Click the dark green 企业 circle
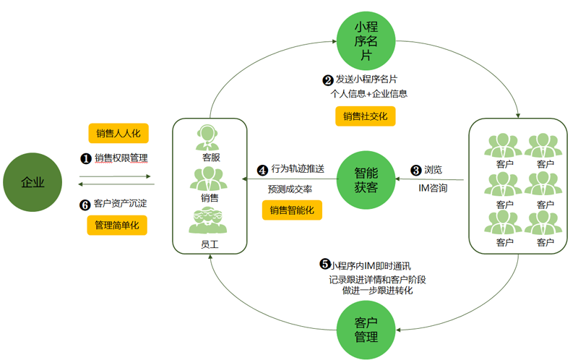[33, 181]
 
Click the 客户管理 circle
[366, 330]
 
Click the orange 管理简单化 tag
[118, 226]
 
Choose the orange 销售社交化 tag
[365, 116]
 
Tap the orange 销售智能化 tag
[292, 210]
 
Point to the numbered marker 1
[85, 158]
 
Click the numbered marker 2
[327, 80]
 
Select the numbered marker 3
[416, 171]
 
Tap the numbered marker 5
[325, 265]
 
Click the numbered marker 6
[85, 204]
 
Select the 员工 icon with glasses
[208, 221]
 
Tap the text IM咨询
[433, 188]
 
